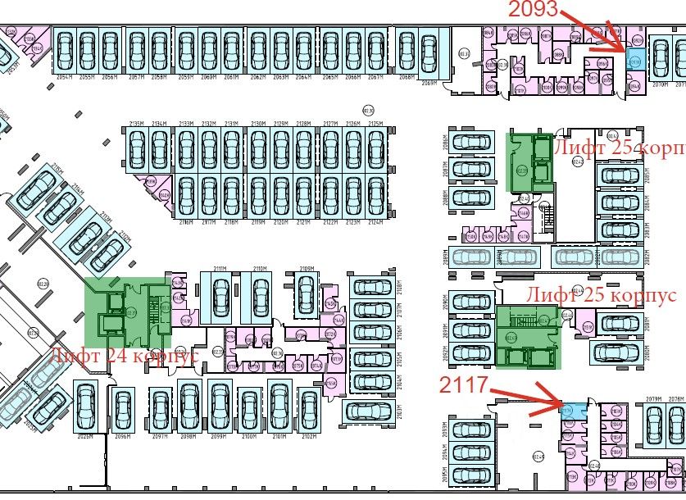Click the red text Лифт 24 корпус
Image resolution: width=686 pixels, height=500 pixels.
124,357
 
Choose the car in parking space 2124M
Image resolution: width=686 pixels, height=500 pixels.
376,195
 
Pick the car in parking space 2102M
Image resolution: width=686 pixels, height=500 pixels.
308,409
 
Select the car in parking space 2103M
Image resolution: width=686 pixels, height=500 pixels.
373,405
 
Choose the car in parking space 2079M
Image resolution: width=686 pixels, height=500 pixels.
653,425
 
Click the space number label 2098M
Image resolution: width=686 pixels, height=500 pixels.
188,437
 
